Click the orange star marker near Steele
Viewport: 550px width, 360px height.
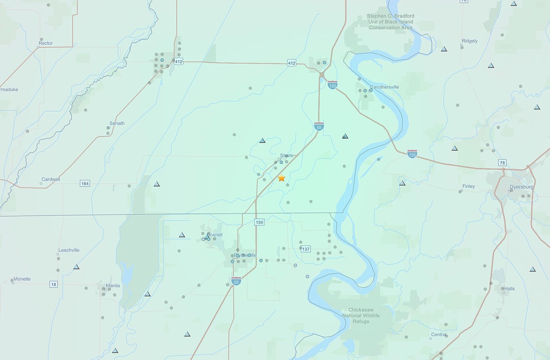(281, 178)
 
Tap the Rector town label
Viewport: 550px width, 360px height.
(46, 44)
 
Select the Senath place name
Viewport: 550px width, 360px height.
(116, 123)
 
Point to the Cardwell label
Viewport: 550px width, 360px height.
(50, 179)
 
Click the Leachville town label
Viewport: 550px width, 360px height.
(69, 250)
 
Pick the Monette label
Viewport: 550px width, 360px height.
(22, 279)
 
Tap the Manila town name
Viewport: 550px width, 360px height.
(113, 286)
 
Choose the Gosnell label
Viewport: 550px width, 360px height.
(214, 235)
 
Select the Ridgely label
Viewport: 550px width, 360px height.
(470, 41)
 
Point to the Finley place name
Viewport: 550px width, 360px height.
(468, 186)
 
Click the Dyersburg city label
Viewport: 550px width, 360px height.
(522, 187)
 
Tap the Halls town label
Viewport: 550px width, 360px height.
(510, 289)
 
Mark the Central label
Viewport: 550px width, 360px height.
(439, 334)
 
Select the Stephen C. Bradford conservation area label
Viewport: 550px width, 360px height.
(390, 22)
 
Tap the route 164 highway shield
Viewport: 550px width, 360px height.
(85, 184)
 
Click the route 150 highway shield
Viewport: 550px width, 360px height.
(259, 222)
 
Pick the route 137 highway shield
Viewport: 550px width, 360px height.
(306, 249)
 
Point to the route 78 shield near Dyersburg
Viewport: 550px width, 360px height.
(503, 163)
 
